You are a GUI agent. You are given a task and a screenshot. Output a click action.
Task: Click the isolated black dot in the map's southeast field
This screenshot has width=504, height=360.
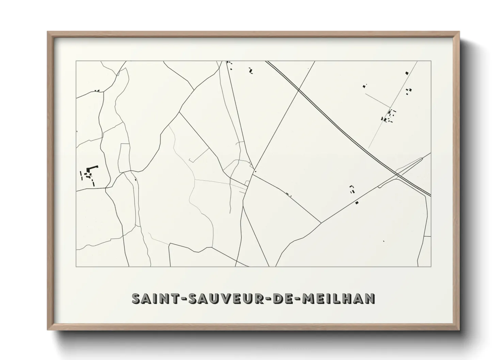pyautogui.click(x=384, y=241)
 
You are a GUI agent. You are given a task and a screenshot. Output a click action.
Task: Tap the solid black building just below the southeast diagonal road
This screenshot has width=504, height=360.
pyautogui.click(x=357, y=203)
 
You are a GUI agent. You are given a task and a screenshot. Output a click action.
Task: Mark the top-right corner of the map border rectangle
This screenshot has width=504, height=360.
pyautogui.click(x=431, y=61)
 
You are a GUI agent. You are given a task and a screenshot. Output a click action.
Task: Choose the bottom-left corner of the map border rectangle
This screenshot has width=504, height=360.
pyautogui.click(x=76, y=266)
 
